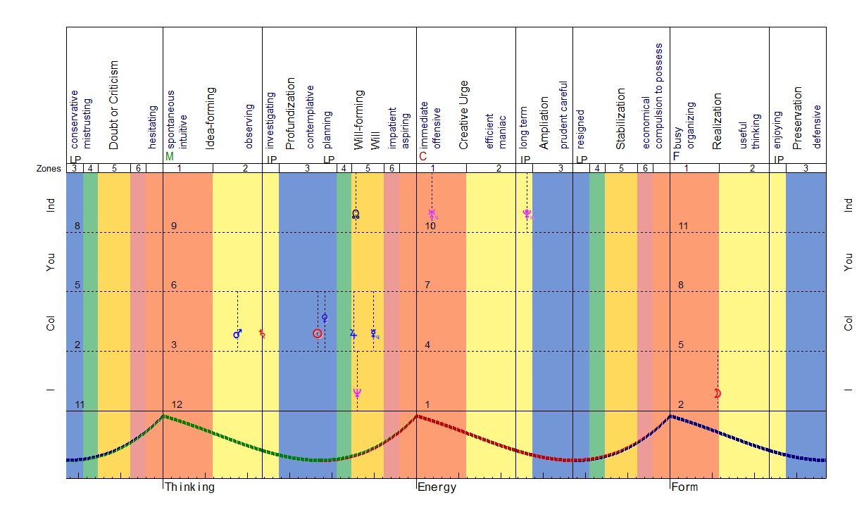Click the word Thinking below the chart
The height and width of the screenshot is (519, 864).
click(189, 487)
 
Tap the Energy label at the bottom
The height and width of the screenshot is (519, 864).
click(437, 487)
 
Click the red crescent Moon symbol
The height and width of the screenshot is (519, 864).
click(718, 394)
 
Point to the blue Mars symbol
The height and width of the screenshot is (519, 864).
click(237, 333)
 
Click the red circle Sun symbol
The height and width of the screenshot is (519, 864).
click(318, 333)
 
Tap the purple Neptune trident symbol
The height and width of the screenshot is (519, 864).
click(357, 393)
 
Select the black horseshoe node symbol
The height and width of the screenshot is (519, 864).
click(356, 214)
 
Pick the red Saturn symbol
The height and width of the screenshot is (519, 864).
click(263, 333)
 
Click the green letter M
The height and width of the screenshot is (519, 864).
click(169, 157)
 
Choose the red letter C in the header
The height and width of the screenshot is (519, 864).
click(422, 157)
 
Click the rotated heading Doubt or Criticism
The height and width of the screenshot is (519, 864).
click(114, 105)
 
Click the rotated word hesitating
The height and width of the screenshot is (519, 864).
click(152, 127)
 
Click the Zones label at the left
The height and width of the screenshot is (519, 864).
click(48, 169)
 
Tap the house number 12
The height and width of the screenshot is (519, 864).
click(177, 404)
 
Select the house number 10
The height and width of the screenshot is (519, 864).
click(430, 226)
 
